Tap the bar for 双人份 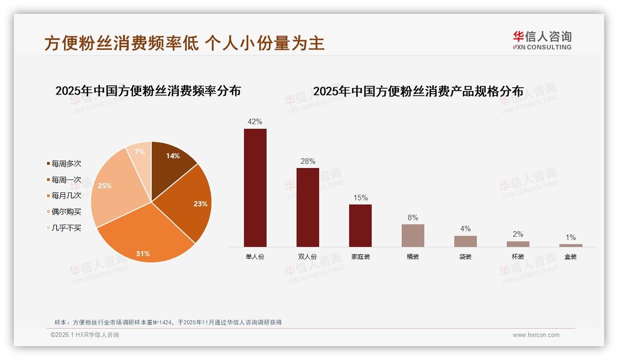pyautogui.click(x=308, y=207)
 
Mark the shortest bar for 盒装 pyautogui.click(x=570, y=246)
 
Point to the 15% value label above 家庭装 pyautogui.click(x=360, y=198)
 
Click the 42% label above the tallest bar pyautogui.click(x=255, y=122)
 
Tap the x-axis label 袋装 pyautogui.click(x=465, y=257)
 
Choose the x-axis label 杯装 pyautogui.click(x=518, y=257)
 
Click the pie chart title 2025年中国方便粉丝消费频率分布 pyautogui.click(x=148, y=91)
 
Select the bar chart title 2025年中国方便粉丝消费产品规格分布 pyautogui.click(x=418, y=91)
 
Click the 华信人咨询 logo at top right pyautogui.click(x=542, y=40)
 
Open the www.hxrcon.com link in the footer pyautogui.click(x=536, y=335)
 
